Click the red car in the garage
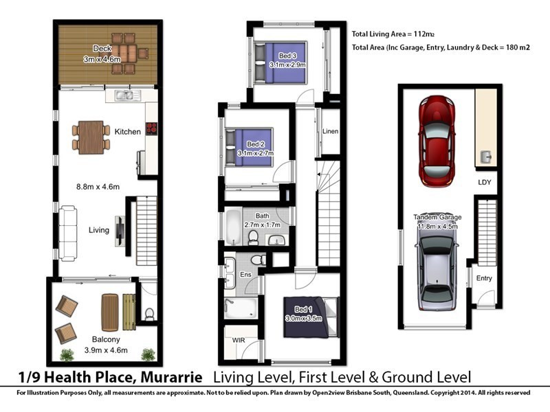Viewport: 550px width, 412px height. (440, 141)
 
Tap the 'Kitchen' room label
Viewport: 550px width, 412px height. (128, 132)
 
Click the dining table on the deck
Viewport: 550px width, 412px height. (124, 53)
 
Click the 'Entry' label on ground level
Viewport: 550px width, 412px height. (484, 278)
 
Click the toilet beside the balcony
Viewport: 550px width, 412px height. (149, 314)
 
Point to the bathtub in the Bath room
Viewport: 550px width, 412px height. (233, 229)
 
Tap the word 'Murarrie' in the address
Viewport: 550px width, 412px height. (171, 377)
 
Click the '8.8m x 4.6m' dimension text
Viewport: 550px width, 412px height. (98, 186)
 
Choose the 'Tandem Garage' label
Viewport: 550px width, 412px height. (437, 217)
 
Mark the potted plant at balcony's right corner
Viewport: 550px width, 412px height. (148, 354)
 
